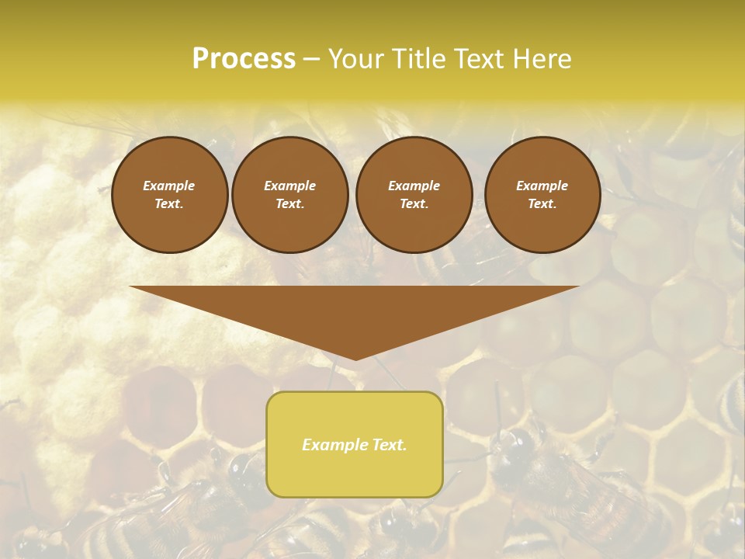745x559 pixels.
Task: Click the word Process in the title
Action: coord(244,59)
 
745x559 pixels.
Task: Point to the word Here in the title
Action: coord(540,59)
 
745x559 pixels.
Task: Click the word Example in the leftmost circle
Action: coord(169,186)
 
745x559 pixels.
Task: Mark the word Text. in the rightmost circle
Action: coord(542,204)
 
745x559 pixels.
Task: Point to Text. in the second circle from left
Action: coord(289,204)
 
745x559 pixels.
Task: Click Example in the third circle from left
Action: coord(414,186)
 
